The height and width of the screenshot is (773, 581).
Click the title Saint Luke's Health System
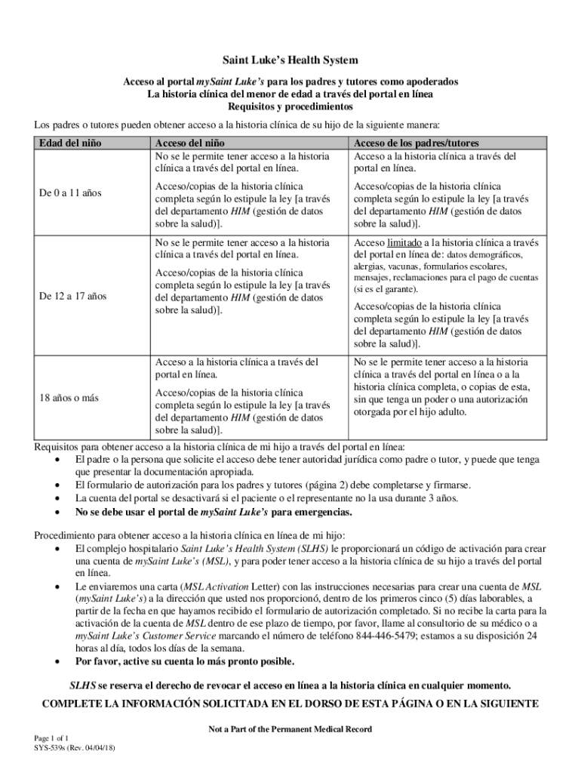[x=290, y=60]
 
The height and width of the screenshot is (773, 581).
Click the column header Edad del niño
[x=70, y=143]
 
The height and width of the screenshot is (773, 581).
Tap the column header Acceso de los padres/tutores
[x=417, y=143]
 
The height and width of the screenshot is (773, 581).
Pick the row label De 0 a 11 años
[x=70, y=193]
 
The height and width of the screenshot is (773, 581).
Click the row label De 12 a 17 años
[x=73, y=296]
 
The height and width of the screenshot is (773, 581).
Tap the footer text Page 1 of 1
[x=51, y=738]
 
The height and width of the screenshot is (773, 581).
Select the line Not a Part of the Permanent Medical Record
[x=290, y=729]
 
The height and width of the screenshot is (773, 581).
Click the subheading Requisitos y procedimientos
[x=290, y=107]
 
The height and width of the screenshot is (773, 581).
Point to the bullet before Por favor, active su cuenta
[x=59, y=662]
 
